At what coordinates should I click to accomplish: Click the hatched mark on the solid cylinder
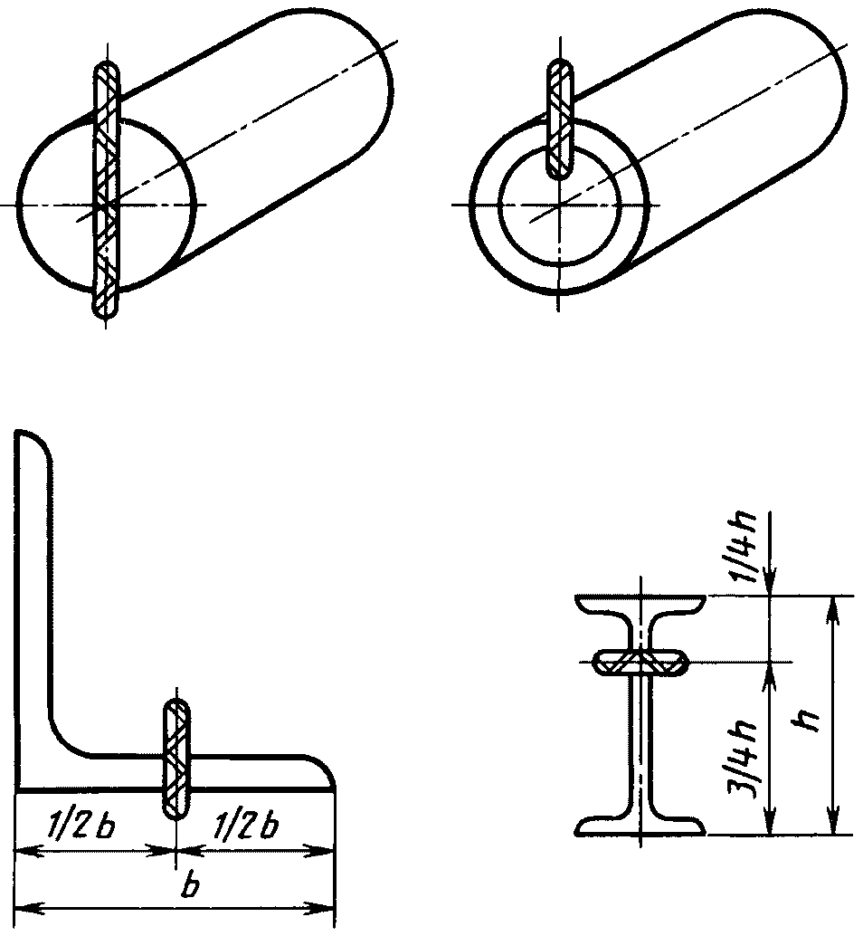(x=106, y=188)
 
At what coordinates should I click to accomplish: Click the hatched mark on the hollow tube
(x=560, y=119)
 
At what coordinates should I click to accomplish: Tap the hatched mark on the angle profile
(x=176, y=759)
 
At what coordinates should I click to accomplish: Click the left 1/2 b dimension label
(x=80, y=828)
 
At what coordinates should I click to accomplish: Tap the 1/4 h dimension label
(x=743, y=546)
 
